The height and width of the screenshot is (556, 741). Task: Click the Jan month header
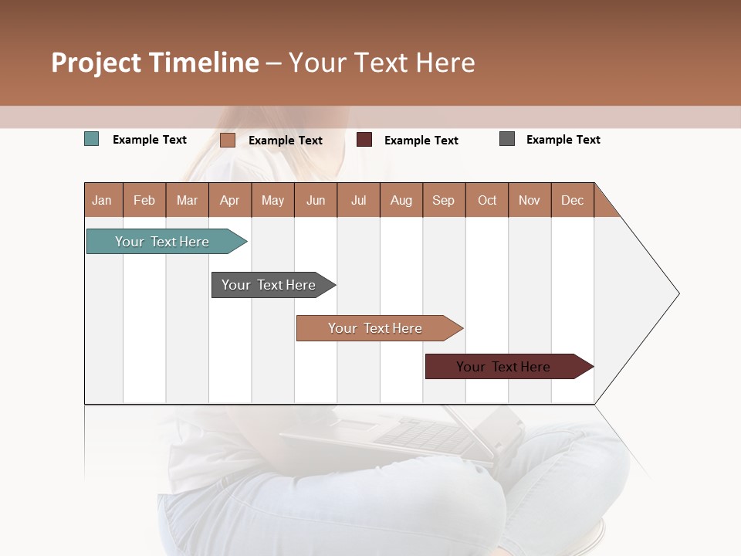(x=103, y=200)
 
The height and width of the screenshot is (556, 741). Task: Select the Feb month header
(x=144, y=200)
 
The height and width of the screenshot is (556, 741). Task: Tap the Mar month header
(x=187, y=200)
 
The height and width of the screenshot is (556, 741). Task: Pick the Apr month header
(x=230, y=200)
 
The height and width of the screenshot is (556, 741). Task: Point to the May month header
(x=272, y=200)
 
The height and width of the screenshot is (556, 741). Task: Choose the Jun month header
(x=316, y=200)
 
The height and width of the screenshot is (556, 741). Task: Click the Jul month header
(x=358, y=200)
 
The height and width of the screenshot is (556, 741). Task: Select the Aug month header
(x=401, y=200)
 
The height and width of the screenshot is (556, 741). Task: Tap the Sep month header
(x=444, y=200)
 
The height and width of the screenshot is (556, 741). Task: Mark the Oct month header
(x=487, y=200)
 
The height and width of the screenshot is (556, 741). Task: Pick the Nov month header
(x=530, y=200)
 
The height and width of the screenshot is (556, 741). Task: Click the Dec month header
(x=573, y=200)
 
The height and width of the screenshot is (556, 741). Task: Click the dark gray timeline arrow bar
(x=270, y=285)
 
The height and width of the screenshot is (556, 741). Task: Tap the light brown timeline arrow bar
(x=377, y=328)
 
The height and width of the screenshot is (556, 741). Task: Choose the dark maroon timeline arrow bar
(x=506, y=367)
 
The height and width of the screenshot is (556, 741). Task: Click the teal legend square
(x=92, y=139)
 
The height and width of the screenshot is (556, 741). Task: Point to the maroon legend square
(x=364, y=140)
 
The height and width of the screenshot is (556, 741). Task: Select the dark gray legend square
(x=507, y=139)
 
